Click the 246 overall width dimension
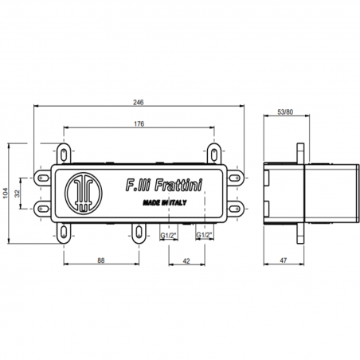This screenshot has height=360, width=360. tap(140, 101)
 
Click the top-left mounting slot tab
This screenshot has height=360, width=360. tap(63, 152)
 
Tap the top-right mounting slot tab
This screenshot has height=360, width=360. tap(213, 152)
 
